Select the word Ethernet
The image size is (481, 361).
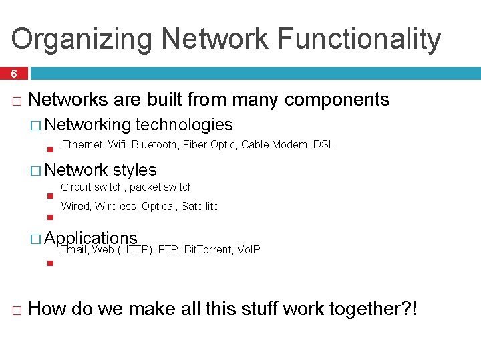pyautogui.click(x=82, y=145)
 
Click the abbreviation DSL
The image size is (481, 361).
pyautogui.click(x=323, y=145)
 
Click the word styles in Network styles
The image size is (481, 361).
pyautogui.click(x=135, y=170)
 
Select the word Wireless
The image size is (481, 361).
pyautogui.click(x=116, y=206)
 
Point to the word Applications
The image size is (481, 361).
pyautogui.click(x=91, y=239)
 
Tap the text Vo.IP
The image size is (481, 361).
pyautogui.click(x=249, y=250)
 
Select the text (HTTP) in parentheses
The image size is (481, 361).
pyautogui.click(x=136, y=250)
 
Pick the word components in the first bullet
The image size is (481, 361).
pyautogui.click(x=337, y=100)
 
